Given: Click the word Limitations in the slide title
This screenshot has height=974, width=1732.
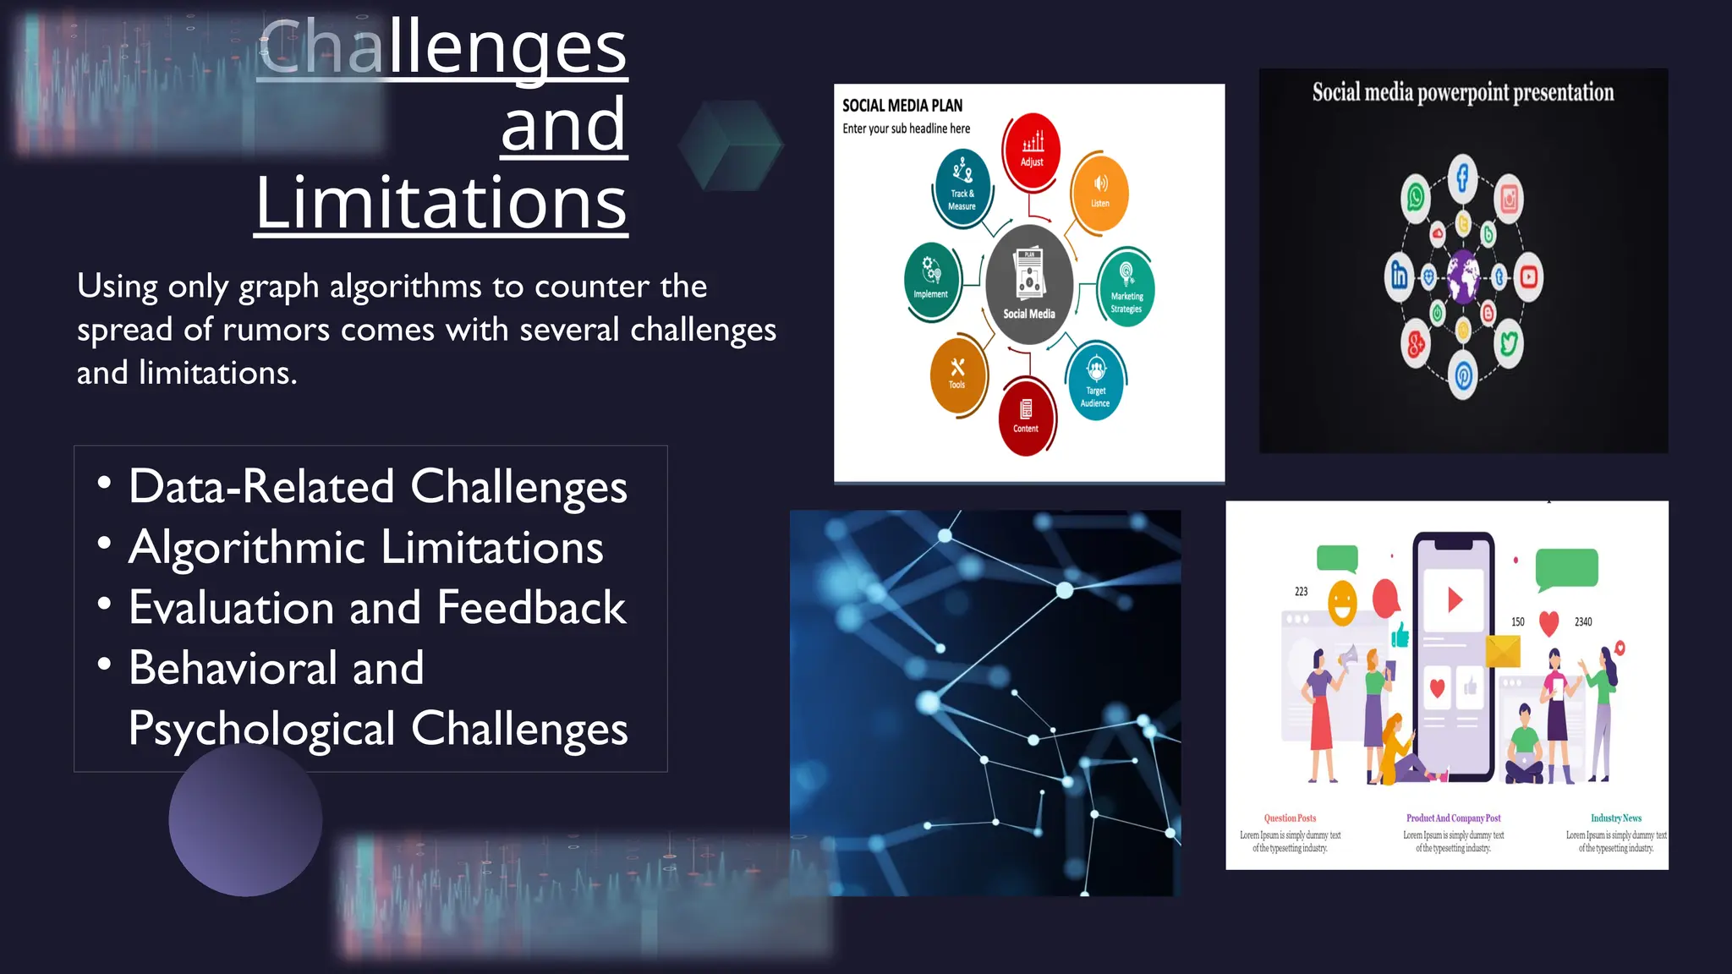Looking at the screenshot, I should click(441, 203).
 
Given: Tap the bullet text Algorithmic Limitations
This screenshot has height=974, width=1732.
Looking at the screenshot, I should click(365, 547).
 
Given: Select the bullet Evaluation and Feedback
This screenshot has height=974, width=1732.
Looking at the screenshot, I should click(377, 607).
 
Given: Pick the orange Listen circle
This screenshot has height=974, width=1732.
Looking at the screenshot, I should click(1099, 192).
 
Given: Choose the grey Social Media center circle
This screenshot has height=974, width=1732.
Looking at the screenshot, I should click(1029, 284).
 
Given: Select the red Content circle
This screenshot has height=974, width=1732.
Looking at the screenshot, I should click(1026, 417).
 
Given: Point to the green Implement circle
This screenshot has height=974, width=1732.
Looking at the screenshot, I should click(931, 280).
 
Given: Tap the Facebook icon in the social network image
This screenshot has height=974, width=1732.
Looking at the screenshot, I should click(1462, 178).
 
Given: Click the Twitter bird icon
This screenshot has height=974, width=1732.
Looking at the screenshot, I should click(1509, 343).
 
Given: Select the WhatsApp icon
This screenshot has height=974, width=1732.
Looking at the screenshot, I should click(1416, 198).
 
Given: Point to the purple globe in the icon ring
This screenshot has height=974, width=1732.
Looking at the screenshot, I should click(1463, 276).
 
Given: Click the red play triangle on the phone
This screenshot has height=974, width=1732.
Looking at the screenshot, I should click(1455, 600).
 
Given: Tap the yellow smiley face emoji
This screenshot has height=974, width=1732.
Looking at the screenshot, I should click(1342, 603).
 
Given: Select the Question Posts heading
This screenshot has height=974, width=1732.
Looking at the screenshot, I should click(1290, 818).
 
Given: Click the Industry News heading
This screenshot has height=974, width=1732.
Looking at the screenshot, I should click(1615, 818).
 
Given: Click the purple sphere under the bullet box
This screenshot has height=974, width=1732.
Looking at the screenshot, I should click(245, 820).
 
